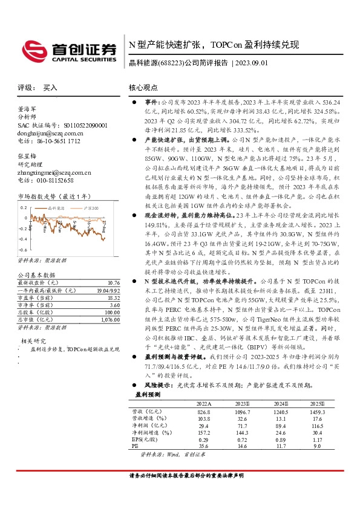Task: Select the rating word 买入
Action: tap(50, 88)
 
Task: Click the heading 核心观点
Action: tap(143, 88)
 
